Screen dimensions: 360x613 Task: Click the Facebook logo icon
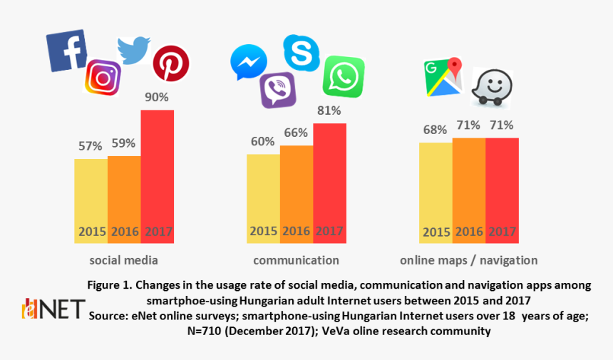pyautogui.click(x=66, y=50)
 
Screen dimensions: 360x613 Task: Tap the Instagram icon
pyautogui.click(x=103, y=78)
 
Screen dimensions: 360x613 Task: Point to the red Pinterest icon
pyautogui.click(x=171, y=63)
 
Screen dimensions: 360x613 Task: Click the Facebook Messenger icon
pyautogui.click(x=249, y=63)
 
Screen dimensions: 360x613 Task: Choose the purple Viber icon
pyautogui.click(x=278, y=91)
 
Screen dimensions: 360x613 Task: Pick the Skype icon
pyautogui.click(x=302, y=52)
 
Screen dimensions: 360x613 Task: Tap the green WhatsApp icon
pyautogui.click(x=343, y=76)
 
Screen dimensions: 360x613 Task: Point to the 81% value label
pyautogui.click(x=329, y=110)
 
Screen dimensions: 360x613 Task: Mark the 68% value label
pyautogui.click(x=435, y=130)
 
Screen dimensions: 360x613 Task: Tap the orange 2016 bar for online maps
pyautogui.click(x=468, y=190)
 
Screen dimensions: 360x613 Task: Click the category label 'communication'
pyautogui.click(x=296, y=260)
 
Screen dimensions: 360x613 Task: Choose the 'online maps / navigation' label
pyautogui.click(x=468, y=260)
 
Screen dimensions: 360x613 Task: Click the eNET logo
pyautogui.click(x=53, y=309)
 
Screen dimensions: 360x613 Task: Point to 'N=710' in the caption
pyautogui.click(x=207, y=331)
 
